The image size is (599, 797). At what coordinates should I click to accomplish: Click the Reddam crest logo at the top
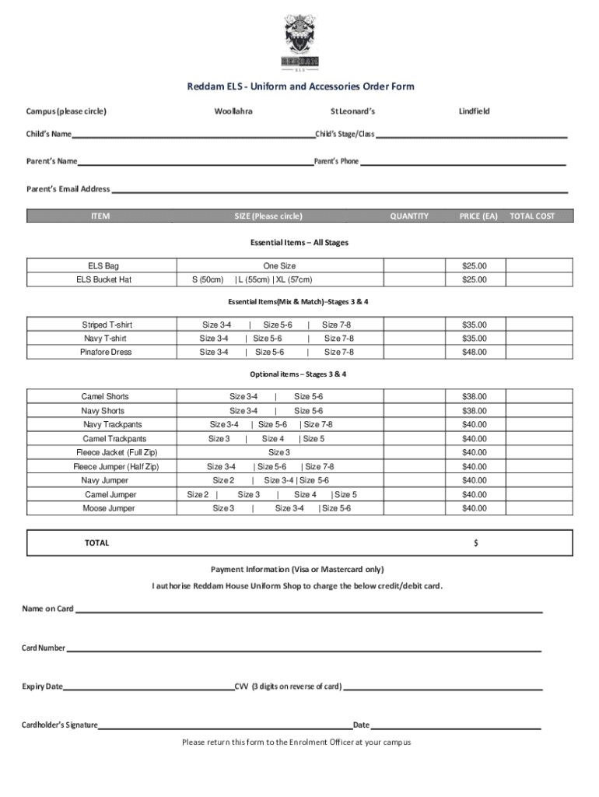point(299,40)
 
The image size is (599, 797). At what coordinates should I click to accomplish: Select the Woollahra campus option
point(233,111)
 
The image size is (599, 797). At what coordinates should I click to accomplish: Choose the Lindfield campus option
point(474,111)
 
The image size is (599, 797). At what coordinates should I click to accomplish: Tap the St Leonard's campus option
point(352,111)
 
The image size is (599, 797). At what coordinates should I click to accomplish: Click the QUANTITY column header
point(409,216)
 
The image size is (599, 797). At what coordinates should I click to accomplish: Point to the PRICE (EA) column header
point(478,216)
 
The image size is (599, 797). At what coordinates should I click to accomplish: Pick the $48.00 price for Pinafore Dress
point(474,352)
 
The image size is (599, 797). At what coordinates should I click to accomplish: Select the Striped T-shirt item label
point(107,325)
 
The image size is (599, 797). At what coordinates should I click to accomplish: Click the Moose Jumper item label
point(109,508)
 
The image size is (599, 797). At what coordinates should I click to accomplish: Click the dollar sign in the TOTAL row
point(475,543)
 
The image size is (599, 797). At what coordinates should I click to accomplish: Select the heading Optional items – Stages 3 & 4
point(298,374)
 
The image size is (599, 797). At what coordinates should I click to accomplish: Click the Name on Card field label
point(47,609)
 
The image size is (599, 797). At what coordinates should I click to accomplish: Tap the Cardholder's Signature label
point(59,725)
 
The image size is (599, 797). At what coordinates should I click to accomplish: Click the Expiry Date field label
point(43,686)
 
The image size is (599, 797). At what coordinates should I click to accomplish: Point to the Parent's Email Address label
point(68,189)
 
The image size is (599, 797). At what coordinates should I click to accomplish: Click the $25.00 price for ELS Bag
point(474,266)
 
